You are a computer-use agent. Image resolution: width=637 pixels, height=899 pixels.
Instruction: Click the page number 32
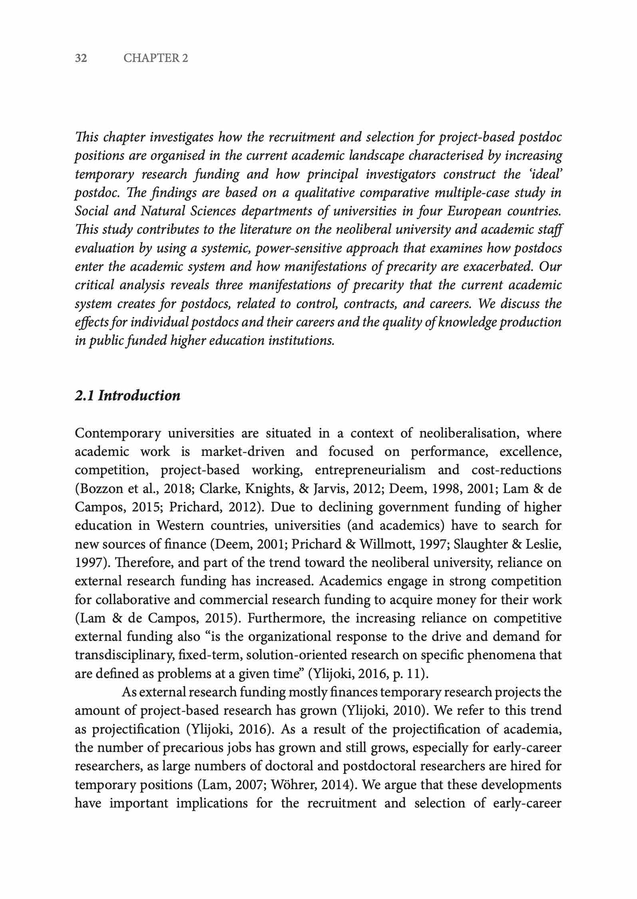(x=81, y=58)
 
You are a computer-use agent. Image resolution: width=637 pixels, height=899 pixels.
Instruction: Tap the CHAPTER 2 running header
(x=155, y=58)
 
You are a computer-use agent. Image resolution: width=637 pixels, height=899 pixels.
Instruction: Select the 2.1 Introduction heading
(x=127, y=396)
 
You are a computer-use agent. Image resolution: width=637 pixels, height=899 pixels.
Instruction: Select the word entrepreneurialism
(x=370, y=470)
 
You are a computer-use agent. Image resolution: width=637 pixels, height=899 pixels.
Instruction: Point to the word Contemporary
(x=118, y=433)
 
